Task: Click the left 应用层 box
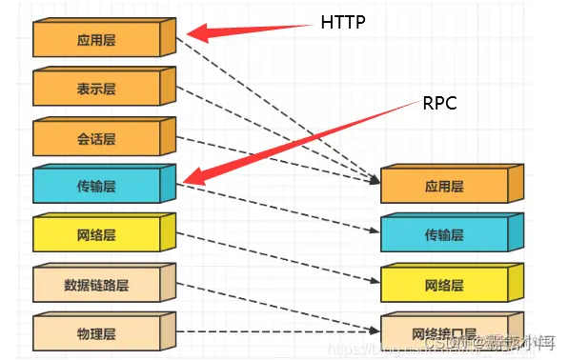coord(96,39)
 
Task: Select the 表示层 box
coord(96,89)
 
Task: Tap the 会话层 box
coord(96,138)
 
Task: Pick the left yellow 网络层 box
coord(96,233)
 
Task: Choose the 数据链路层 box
coord(96,284)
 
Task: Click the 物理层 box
coord(96,333)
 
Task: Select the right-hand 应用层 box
coord(444,186)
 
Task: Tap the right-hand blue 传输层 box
coord(444,234)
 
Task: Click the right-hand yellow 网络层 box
coord(444,285)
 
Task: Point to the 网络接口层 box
coord(444,333)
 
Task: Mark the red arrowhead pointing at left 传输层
coord(193,177)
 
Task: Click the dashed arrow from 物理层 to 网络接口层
coord(276,331)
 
